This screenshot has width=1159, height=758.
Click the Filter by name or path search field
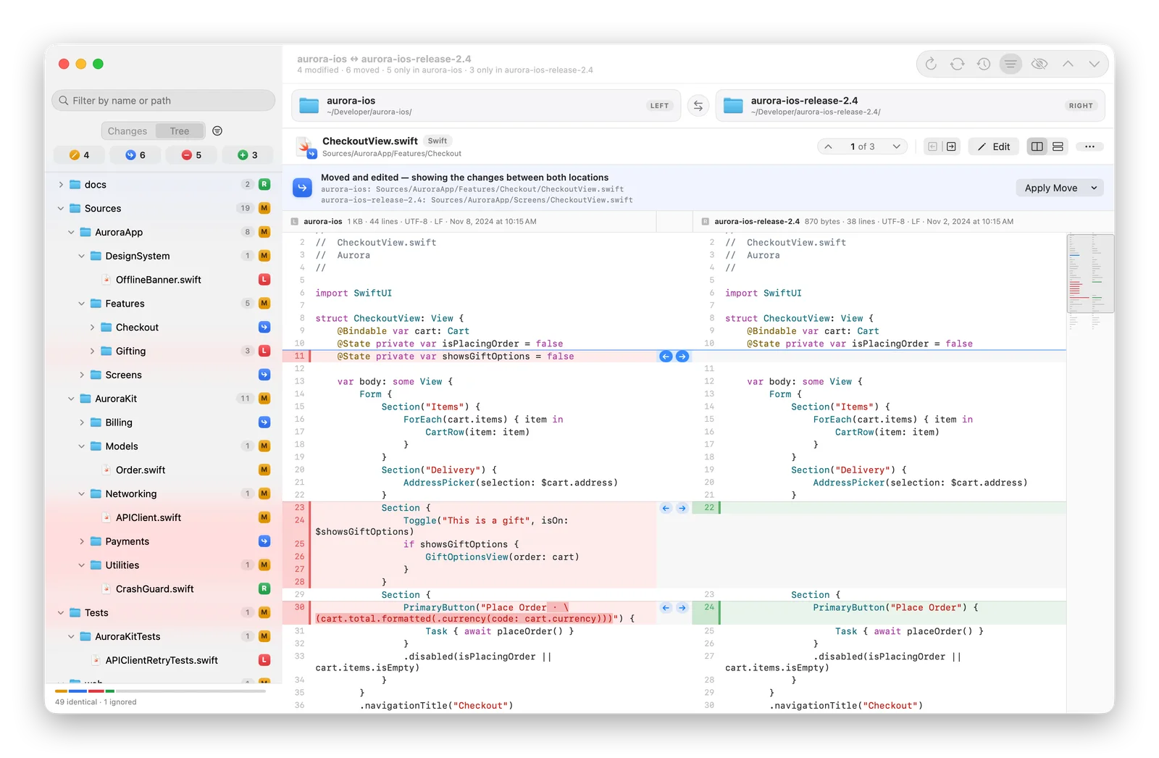coord(163,101)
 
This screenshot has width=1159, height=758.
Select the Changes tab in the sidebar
coord(127,131)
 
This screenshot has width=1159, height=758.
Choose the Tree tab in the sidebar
coord(180,131)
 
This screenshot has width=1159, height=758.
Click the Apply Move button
coord(1059,188)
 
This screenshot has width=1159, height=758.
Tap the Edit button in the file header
coord(993,146)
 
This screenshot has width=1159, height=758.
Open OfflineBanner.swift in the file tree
coord(159,280)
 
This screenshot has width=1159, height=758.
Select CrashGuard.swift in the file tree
coord(154,588)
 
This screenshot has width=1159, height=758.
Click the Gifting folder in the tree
coord(130,351)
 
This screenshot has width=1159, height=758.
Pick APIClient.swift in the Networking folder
coord(148,517)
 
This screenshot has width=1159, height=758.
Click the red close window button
coord(64,64)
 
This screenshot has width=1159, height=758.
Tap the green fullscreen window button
coord(98,64)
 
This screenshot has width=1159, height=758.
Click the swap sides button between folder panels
coord(698,106)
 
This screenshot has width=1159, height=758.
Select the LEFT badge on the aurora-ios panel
coord(659,106)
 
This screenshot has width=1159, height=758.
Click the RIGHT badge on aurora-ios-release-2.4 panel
coord(1081,106)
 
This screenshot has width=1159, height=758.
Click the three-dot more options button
coord(1089,146)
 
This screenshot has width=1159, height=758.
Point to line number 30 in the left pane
coord(299,607)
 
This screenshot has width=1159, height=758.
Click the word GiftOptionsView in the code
coord(466,557)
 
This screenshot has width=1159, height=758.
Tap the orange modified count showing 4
coord(79,155)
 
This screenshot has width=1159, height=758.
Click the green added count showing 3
coord(247,155)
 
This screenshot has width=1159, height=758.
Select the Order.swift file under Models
coord(141,470)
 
